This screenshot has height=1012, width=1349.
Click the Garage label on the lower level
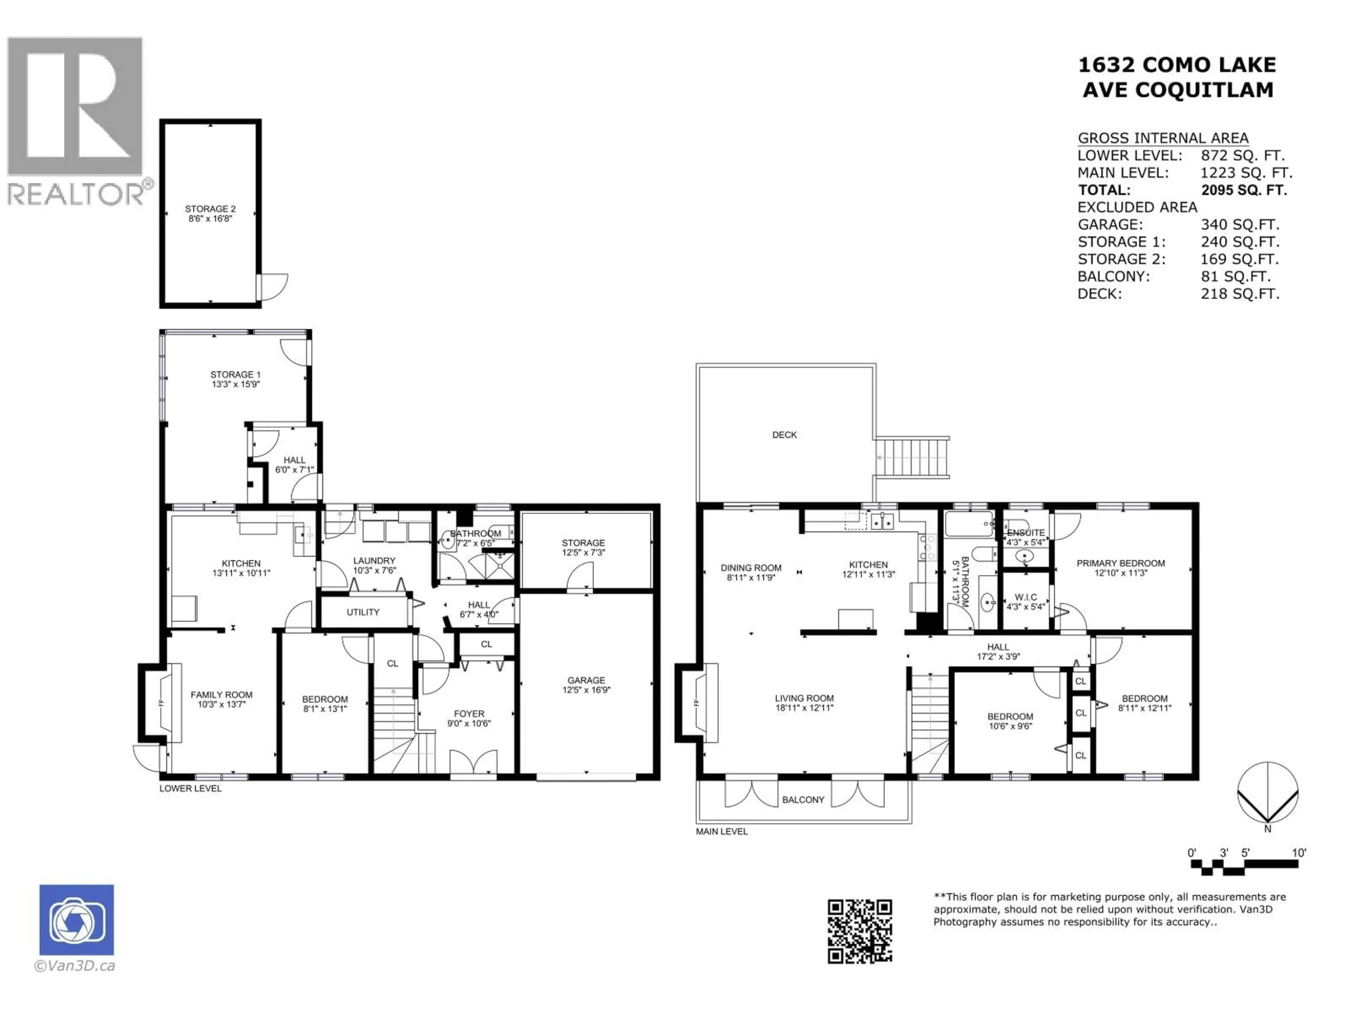[x=586, y=680]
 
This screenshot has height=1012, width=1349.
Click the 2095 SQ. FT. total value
[x=1244, y=190]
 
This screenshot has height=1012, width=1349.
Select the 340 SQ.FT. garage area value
[x=1240, y=225]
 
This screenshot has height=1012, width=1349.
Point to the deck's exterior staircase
[x=912, y=458]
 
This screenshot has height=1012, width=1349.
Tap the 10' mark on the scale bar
[x=1299, y=853]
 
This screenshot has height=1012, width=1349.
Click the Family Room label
[x=221, y=695]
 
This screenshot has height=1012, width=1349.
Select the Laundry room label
[x=374, y=560]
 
